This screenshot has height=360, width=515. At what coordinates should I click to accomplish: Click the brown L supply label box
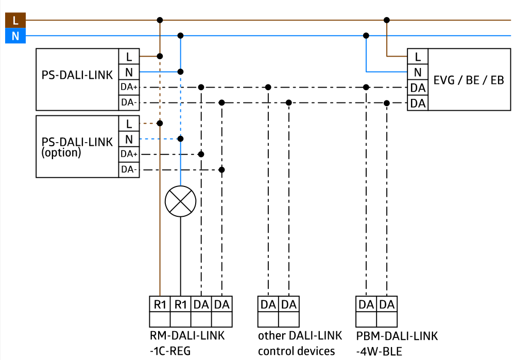(x=15, y=21)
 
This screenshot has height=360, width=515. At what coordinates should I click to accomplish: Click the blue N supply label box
(x=15, y=36)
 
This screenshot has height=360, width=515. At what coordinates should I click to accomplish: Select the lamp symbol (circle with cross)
(x=180, y=201)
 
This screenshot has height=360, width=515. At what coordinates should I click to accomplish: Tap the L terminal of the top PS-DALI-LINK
(x=129, y=56)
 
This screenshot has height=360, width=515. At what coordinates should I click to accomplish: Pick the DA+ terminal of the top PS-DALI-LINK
(x=129, y=87)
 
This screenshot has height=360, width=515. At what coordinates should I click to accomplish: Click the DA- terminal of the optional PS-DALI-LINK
(x=129, y=169)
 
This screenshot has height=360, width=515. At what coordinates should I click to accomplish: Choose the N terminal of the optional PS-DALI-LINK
(x=129, y=139)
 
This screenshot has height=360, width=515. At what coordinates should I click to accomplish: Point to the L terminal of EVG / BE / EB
(x=418, y=56)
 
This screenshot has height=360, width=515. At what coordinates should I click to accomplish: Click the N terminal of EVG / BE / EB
(x=418, y=72)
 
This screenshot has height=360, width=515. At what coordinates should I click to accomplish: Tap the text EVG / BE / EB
(x=469, y=80)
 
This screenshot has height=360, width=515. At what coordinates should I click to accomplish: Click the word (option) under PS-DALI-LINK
(x=61, y=153)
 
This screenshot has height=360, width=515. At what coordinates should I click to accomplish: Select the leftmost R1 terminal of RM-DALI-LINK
(x=160, y=304)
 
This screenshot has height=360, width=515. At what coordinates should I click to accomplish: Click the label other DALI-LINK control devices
(x=300, y=344)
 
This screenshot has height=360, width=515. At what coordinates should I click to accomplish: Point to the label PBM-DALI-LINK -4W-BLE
(x=397, y=344)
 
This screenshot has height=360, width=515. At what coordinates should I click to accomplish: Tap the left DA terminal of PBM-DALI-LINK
(x=366, y=304)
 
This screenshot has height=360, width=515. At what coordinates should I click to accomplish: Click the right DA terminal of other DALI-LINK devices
(x=289, y=304)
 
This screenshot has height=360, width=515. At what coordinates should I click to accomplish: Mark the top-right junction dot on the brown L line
(x=387, y=20)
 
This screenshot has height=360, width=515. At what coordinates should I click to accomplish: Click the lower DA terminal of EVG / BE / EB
(x=418, y=103)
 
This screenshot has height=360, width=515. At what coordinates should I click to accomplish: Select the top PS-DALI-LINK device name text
(x=77, y=75)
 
